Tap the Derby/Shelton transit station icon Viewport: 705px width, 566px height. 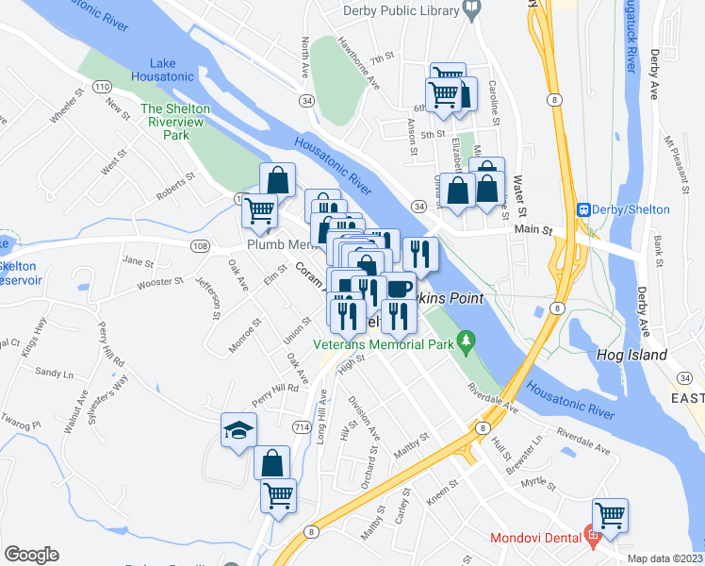click(x=583, y=209)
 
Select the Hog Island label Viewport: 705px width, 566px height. click(x=631, y=356)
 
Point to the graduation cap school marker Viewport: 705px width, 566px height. click(x=238, y=431)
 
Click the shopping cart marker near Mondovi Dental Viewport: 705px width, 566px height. click(x=610, y=515)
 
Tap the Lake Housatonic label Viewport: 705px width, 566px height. click(x=162, y=68)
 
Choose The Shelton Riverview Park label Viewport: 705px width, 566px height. click(x=175, y=122)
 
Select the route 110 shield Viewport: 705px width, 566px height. click(x=101, y=87)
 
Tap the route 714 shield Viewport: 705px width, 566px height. click(x=301, y=427)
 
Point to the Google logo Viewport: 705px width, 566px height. click(x=31, y=555)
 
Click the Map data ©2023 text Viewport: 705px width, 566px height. click(x=664, y=558)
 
